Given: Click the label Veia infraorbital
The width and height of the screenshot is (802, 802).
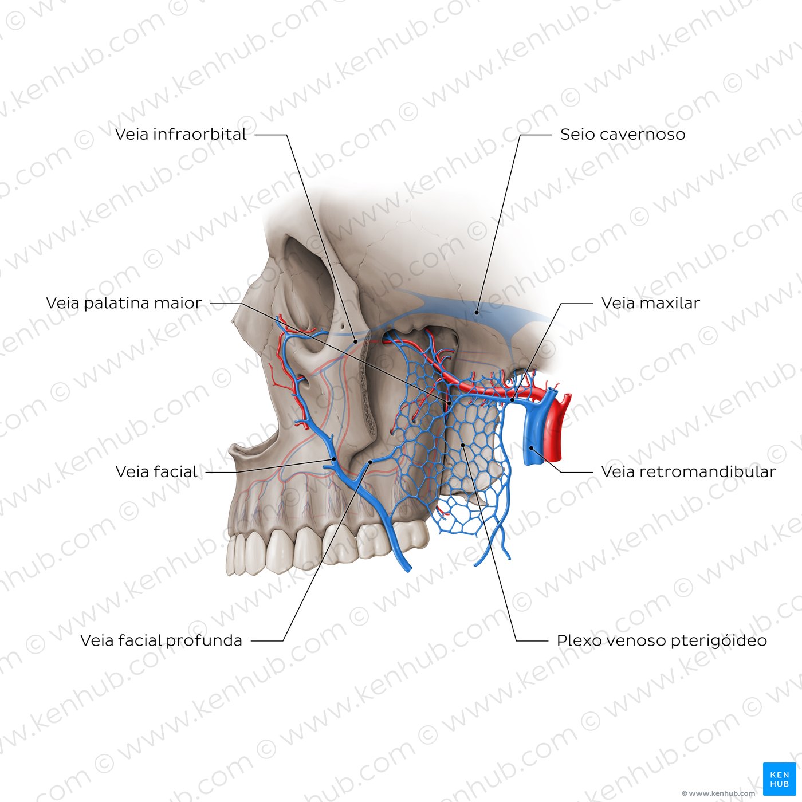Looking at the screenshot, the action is click(x=180, y=135).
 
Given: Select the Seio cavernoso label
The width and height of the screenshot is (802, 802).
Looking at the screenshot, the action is click(x=623, y=135).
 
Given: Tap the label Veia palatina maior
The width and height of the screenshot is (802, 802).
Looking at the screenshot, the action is click(x=124, y=303).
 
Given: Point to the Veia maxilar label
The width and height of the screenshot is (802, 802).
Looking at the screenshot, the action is click(x=651, y=303).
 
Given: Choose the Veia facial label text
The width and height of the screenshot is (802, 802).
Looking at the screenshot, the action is click(x=156, y=471).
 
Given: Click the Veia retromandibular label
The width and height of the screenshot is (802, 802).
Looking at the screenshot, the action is click(x=689, y=471).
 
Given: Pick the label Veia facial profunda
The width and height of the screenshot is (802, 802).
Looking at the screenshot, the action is click(x=161, y=640).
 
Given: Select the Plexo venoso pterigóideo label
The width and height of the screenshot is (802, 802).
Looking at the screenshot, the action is click(x=662, y=640).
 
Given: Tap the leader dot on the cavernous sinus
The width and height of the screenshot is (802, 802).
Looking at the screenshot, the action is click(x=477, y=312).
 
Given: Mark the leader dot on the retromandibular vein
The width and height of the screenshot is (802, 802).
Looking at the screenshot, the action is click(x=532, y=448).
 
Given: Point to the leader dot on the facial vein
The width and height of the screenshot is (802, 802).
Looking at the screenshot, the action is click(x=334, y=459).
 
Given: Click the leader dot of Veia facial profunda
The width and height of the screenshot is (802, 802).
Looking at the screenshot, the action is click(x=371, y=462).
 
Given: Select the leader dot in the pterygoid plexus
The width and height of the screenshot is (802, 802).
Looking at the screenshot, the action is click(x=463, y=445).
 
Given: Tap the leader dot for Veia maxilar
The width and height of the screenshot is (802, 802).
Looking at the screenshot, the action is click(x=513, y=399).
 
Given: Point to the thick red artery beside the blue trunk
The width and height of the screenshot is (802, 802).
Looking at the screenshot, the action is click(x=553, y=433).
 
